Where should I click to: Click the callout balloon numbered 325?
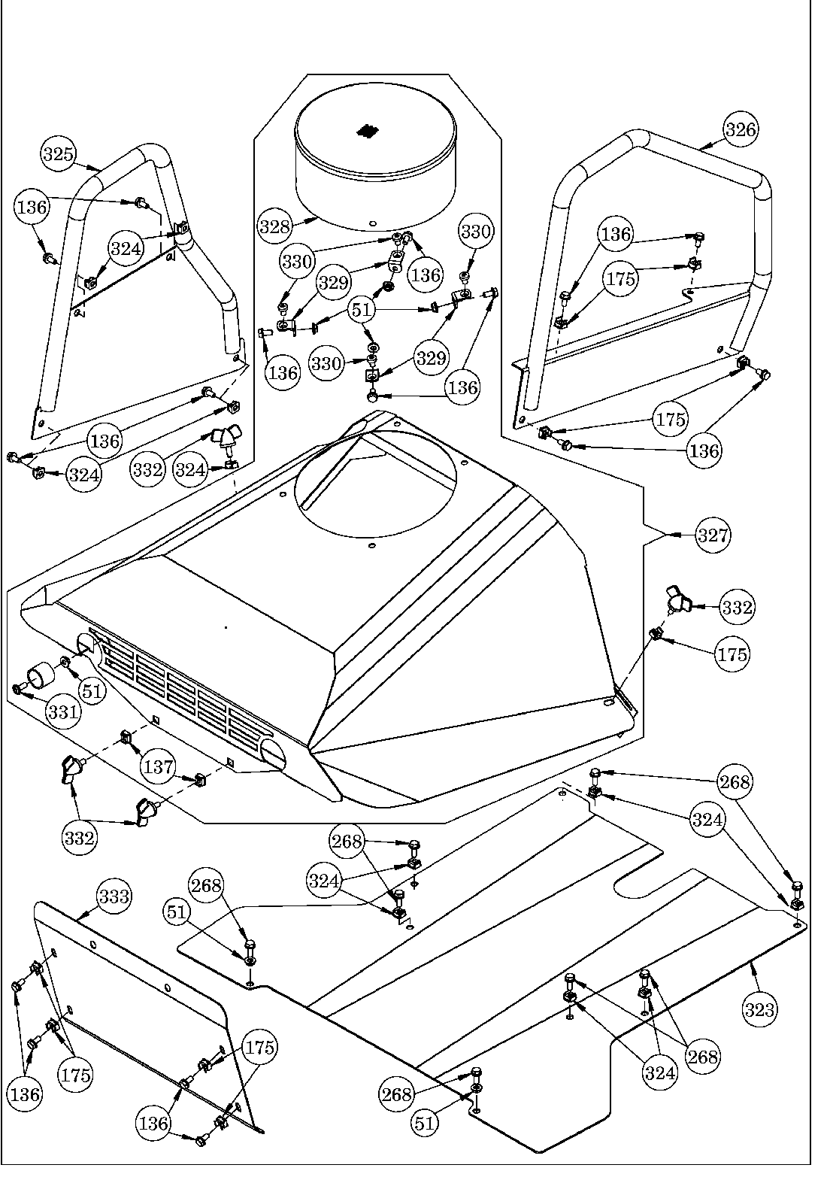click(57, 155)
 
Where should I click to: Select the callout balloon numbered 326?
click(741, 129)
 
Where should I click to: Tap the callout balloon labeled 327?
click(713, 535)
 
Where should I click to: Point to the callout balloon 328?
click(274, 225)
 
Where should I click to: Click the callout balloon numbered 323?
click(760, 1010)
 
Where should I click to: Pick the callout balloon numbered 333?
click(114, 896)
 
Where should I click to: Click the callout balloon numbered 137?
click(158, 768)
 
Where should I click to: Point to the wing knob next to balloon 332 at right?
click(677, 602)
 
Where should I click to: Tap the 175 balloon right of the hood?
click(732, 654)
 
